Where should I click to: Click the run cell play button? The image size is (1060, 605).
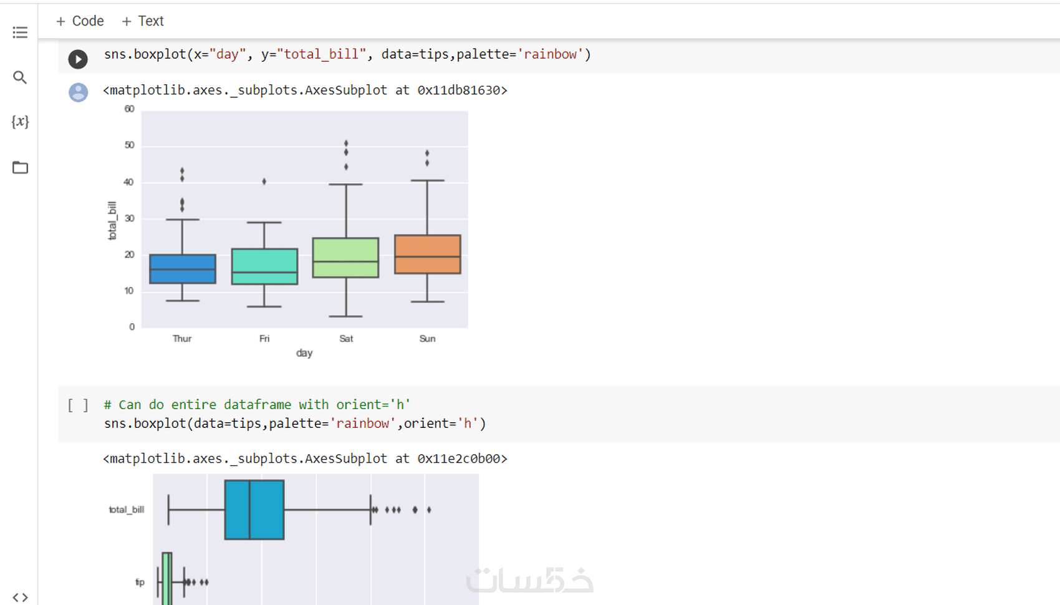[78, 59]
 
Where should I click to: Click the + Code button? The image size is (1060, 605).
[80, 21]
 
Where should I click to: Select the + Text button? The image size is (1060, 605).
[143, 21]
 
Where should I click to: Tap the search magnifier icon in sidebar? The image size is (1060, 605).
[20, 77]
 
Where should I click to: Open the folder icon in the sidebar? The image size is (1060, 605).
[20, 168]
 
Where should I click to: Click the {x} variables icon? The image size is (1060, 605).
[20, 122]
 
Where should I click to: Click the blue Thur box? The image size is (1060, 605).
[183, 269]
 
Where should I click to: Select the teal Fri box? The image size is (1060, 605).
[264, 266]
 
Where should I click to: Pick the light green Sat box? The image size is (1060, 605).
[346, 258]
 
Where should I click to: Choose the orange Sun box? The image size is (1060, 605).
[428, 254]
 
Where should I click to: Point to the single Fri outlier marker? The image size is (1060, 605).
[264, 181]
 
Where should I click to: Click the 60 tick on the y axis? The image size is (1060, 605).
[129, 109]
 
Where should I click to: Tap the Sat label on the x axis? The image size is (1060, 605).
[346, 339]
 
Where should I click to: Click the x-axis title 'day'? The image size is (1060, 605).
[304, 353]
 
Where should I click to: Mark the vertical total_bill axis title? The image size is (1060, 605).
[112, 221]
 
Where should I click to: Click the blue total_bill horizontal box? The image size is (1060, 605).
[254, 510]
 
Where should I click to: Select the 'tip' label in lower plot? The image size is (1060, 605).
[140, 583]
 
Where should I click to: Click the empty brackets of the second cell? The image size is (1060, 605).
[78, 405]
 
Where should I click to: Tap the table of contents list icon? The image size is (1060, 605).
[20, 32]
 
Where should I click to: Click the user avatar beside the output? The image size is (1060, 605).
[79, 92]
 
